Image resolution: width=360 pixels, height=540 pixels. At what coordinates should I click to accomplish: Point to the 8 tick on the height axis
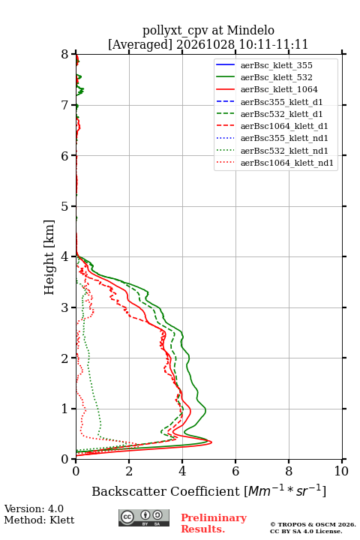[73, 54]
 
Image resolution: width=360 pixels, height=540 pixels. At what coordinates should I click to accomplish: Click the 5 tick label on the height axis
[65, 207]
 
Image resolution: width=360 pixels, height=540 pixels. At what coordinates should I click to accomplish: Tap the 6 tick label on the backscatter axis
[235, 471]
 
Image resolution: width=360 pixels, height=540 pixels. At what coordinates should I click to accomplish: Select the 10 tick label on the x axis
[341, 471]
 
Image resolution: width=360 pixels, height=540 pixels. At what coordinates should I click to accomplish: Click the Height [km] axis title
[49, 257]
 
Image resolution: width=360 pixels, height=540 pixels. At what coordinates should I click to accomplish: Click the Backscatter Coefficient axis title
[208, 491]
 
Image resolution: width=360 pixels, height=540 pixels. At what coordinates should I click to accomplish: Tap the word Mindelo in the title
[250, 30]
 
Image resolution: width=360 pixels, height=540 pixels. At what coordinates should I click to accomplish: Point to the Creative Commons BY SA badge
[144, 517]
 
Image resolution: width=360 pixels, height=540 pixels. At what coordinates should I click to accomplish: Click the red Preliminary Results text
[214, 523]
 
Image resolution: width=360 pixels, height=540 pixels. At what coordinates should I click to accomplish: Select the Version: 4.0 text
[34, 508]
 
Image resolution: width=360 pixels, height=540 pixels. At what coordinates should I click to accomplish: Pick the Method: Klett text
[39, 520]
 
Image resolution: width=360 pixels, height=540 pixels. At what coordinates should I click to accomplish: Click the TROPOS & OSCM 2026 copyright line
[313, 524]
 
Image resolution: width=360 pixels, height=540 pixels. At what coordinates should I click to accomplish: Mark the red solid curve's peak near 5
[211, 442]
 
